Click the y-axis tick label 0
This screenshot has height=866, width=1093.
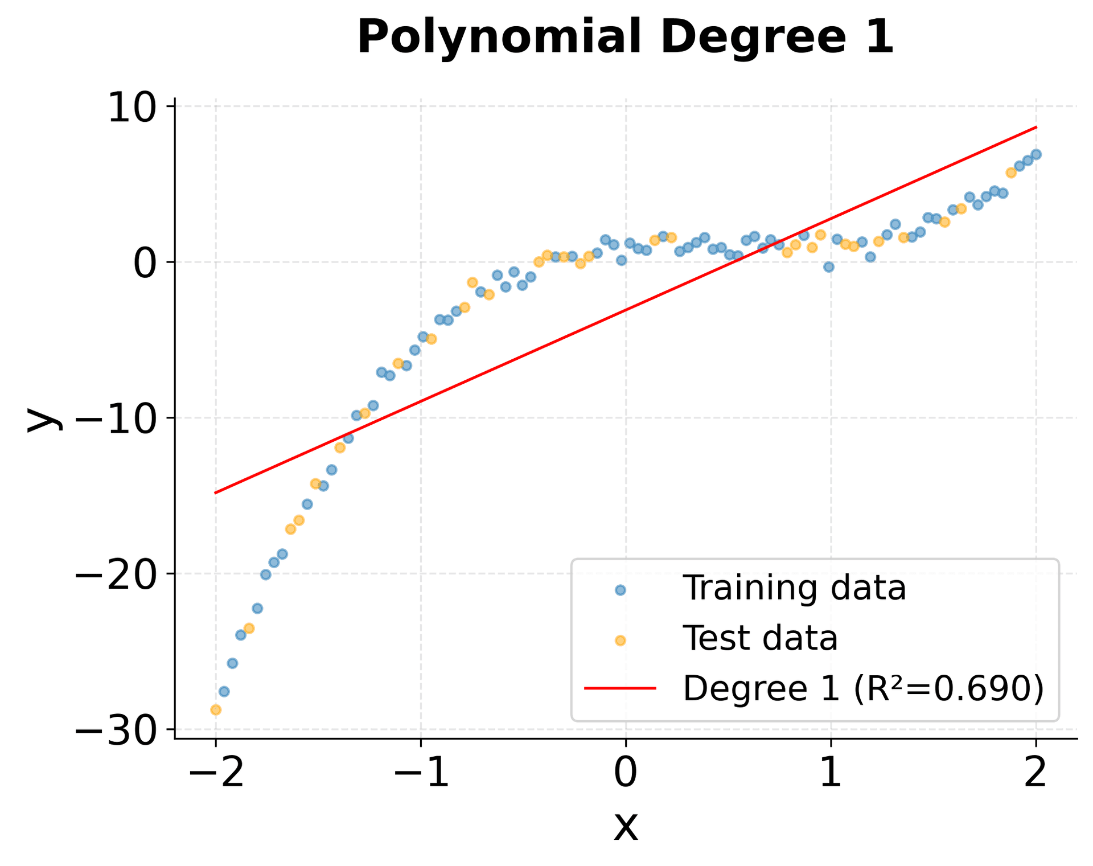tap(145, 263)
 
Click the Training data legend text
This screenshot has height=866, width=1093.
tap(794, 589)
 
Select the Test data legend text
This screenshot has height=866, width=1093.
tap(760, 639)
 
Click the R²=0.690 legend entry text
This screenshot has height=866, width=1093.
tap(863, 689)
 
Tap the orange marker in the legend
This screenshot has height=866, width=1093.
tap(621, 641)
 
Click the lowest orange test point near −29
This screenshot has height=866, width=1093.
tap(216, 710)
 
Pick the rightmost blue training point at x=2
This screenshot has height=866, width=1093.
tap(1036, 154)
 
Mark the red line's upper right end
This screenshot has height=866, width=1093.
tap(1036, 127)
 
